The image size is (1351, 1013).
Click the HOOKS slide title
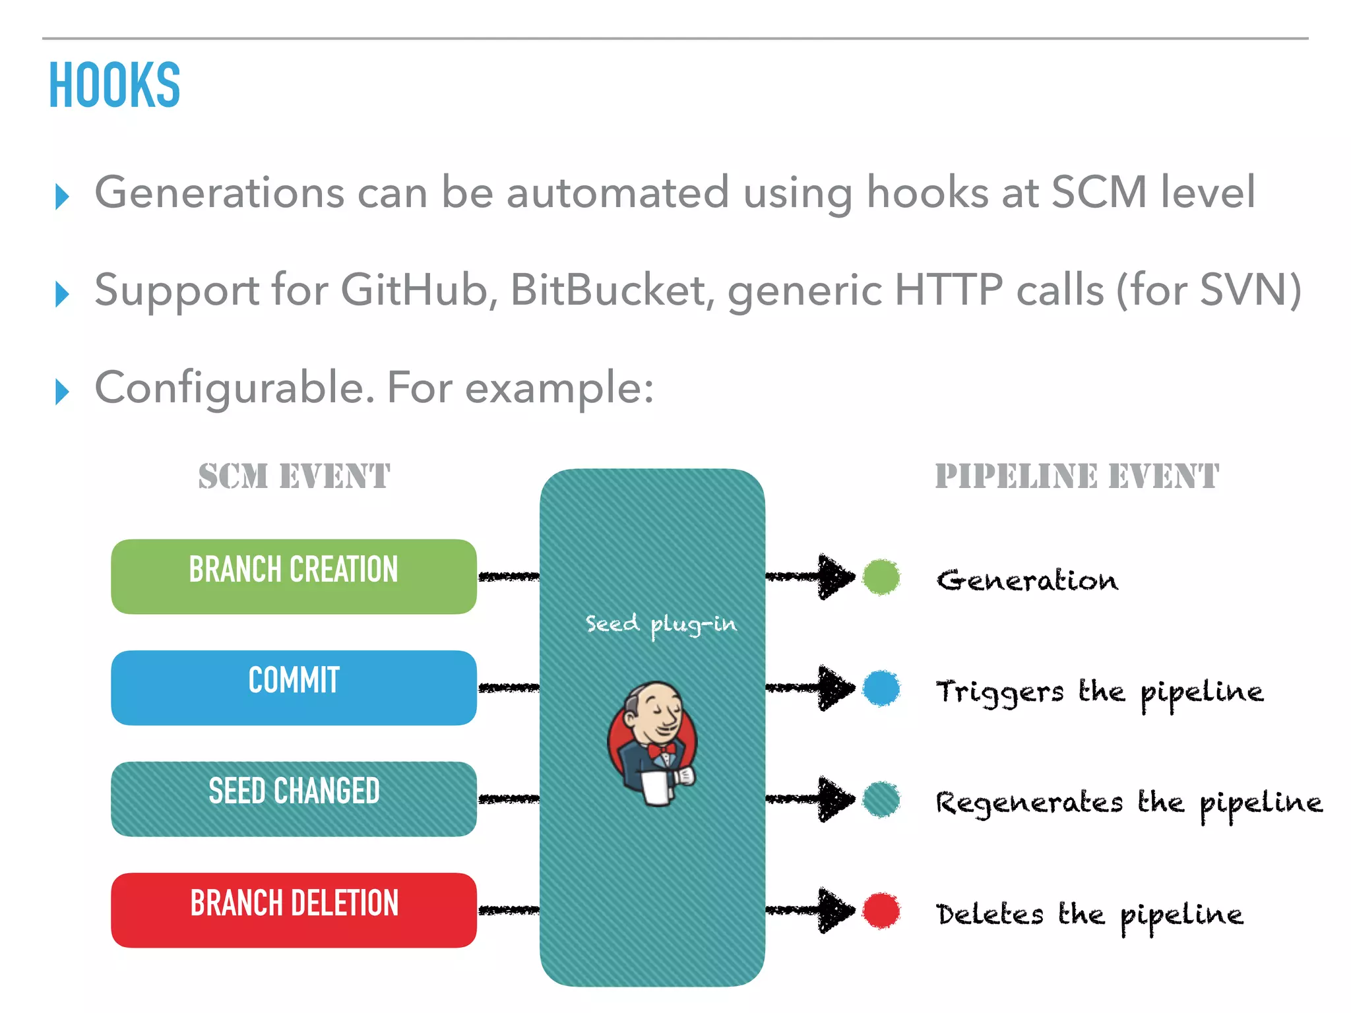114,85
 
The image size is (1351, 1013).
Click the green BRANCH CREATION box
294,576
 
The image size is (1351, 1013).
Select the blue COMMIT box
294,687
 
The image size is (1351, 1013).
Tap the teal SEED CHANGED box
294,799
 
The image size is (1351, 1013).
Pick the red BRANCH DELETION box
294,910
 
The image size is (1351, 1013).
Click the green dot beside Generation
881,577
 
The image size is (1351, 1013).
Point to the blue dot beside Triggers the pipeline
881,688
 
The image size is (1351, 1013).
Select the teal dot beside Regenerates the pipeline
881,799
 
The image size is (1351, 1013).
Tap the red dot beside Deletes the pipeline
881,911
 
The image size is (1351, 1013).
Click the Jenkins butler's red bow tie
661,750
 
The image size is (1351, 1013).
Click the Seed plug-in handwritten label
661,624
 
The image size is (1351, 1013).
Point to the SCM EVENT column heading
294,476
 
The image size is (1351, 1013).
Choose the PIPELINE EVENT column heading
1077,476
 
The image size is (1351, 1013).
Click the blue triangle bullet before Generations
62,197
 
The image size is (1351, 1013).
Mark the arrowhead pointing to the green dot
835,577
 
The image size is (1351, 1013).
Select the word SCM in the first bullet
1098,192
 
